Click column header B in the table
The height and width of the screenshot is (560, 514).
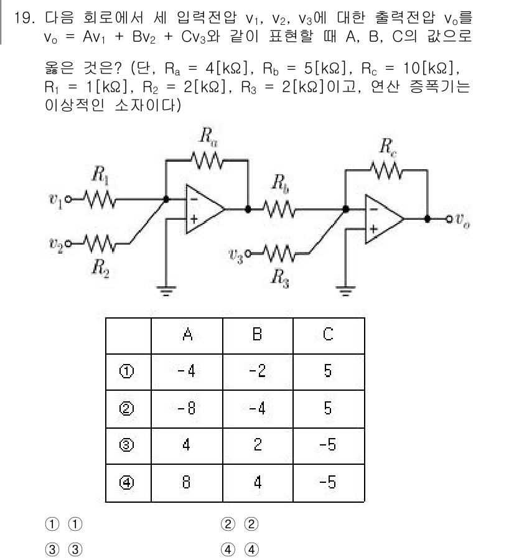click(257, 336)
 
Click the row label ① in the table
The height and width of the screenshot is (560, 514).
click(128, 374)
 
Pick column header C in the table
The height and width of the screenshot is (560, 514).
click(328, 336)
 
